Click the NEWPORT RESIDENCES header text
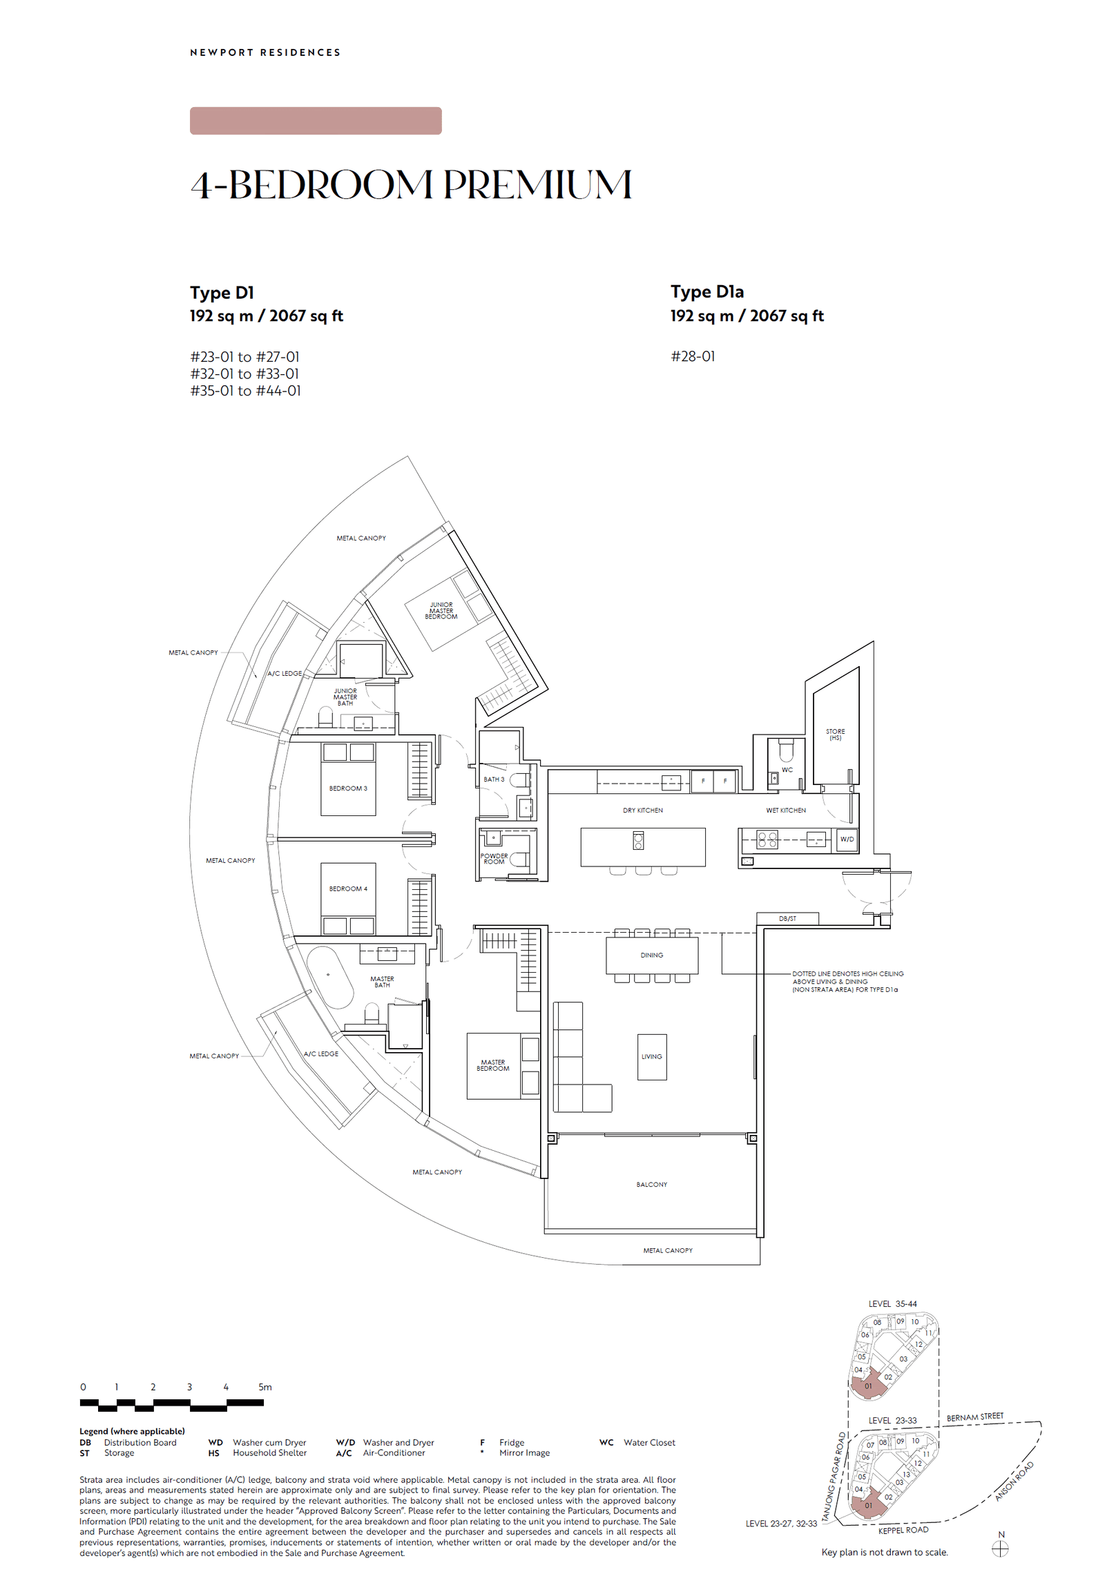265,52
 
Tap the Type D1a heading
707,292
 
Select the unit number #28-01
693,356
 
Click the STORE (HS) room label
835,735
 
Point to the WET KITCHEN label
785,810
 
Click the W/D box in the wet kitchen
847,839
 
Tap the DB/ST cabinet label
787,918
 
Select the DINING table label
651,955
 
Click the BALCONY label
651,1184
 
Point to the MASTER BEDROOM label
492,1065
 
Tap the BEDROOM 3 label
347,788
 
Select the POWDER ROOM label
494,858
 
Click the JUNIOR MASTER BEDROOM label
441,610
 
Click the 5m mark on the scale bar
265,1387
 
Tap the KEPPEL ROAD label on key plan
903,1530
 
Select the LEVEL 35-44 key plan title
892,1304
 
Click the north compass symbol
1000,1549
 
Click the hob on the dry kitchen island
638,841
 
